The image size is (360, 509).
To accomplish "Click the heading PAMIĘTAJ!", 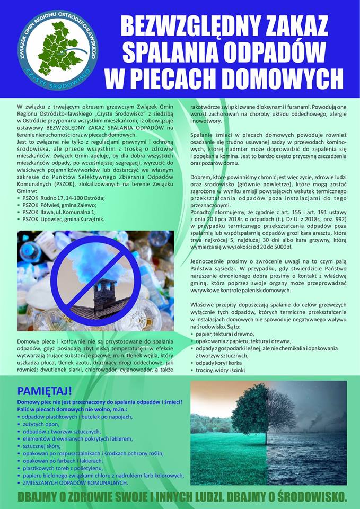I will point(45,391).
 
